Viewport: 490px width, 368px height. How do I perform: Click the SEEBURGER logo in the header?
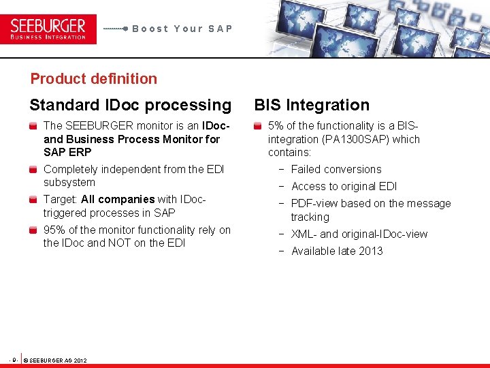pos(48,29)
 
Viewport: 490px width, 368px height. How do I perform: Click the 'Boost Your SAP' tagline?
pos(182,29)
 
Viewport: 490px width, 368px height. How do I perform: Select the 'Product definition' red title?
pos(93,78)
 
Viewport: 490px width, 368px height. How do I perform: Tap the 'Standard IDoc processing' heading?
pos(130,105)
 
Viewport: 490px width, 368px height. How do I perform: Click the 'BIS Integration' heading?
pos(312,105)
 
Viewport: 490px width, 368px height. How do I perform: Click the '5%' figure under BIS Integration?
pos(276,126)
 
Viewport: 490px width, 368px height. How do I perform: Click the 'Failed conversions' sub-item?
pos(336,170)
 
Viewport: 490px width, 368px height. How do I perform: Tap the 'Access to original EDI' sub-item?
pos(344,187)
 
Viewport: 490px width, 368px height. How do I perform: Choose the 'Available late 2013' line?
pos(337,251)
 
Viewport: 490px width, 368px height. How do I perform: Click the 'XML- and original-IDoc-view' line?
pos(359,234)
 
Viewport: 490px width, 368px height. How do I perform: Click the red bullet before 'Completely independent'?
pos(33,170)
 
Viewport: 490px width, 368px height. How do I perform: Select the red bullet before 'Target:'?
pos(33,200)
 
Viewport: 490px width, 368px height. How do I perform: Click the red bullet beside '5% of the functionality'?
pos(258,126)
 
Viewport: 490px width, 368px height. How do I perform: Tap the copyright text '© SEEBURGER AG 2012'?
pos(55,360)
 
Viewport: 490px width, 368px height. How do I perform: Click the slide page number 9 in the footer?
pos(14,359)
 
